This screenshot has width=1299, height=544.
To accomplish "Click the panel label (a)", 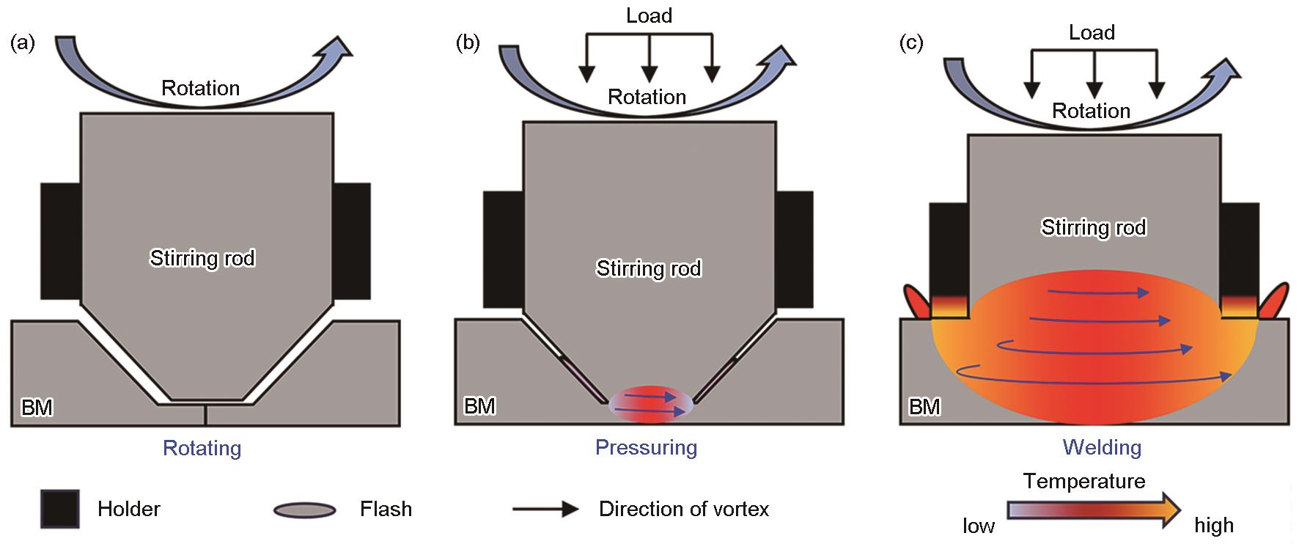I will coord(22,43).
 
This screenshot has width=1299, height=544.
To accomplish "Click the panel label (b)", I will coord(468,43).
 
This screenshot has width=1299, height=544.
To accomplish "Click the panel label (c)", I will coord(911,43).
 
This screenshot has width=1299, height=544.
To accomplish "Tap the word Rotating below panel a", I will coord(202,448).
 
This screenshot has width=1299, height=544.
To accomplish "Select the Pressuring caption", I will coord(646,447).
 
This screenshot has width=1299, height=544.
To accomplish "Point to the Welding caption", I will coord(1102,447).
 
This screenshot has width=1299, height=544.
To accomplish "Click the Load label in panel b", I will coord(649,15).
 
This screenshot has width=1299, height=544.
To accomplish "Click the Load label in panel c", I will coord(1092,32).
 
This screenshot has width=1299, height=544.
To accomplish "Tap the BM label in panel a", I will coord(37,408).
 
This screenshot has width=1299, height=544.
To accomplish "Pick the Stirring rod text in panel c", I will coord(1093,227).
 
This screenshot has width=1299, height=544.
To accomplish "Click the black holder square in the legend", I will coord(60,509).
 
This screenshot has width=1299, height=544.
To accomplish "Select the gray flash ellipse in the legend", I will coord(305,510).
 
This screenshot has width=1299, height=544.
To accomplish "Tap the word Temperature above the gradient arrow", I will coord(1084,481).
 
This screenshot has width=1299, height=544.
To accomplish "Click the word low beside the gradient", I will coord(979,526).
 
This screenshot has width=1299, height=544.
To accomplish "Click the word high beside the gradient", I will coord(1214,526).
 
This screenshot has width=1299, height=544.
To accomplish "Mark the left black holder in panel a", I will coord(60,241).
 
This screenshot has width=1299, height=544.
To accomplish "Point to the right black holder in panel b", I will coord(795,249).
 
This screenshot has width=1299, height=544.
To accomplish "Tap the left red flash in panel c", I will coord(916,301).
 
